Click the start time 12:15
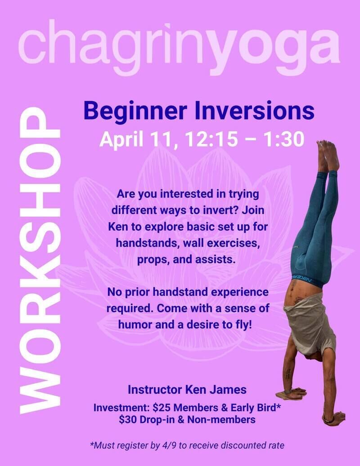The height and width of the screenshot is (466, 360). click(x=211, y=139)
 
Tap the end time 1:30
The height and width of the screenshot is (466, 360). click(x=284, y=139)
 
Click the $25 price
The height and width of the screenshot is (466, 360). click(x=162, y=408)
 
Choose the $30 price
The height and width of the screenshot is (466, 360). click(x=128, y=420)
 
